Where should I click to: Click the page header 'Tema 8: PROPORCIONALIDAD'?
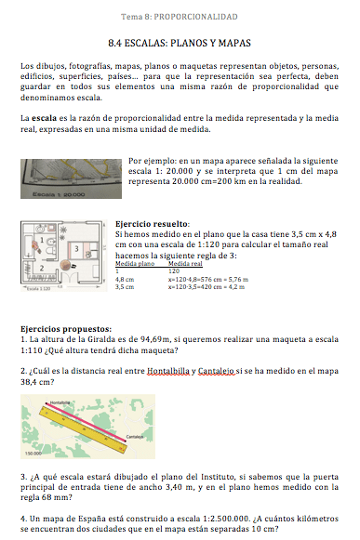(180, 18)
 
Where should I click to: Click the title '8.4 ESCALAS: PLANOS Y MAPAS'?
(180, 44)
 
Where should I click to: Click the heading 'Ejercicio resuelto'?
(152, 224)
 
